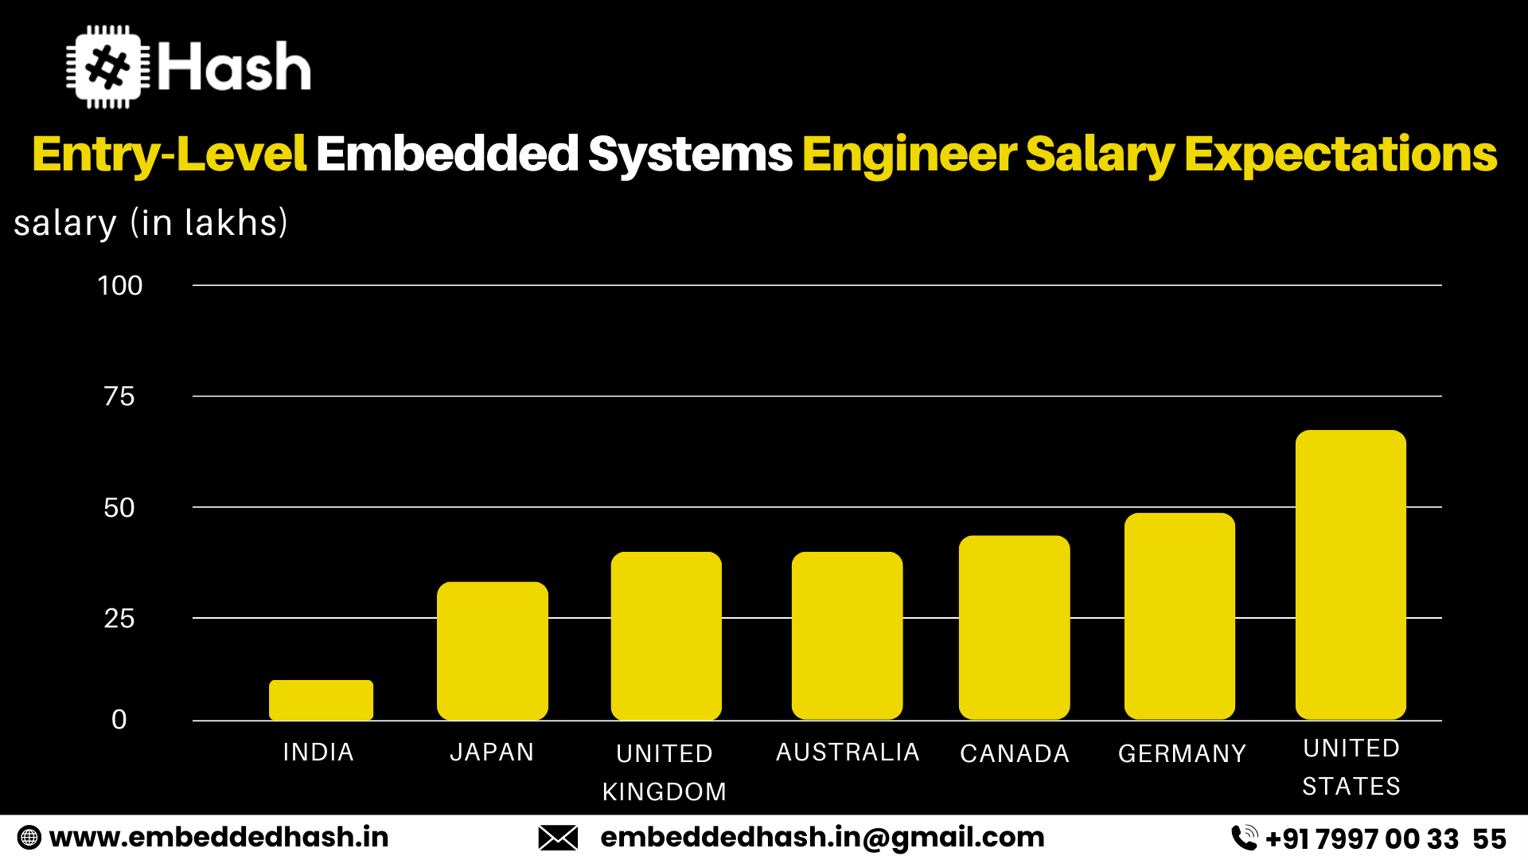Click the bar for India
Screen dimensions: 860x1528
point(321,700)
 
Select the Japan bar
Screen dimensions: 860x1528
point(493,651)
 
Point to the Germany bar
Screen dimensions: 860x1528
point(1179,616)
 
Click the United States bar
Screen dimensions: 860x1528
point(1351,575)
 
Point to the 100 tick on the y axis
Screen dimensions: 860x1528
point(119,286)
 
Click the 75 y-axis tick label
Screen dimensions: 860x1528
point(119,397)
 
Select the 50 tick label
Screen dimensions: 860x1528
point(119,508)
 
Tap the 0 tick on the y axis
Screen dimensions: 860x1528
point(119,720)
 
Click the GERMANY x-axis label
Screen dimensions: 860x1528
point(1182,753)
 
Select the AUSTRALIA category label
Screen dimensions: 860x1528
point(848,752)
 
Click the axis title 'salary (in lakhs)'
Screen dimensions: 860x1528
point(150,223)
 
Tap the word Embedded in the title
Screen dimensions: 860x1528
point(447,154)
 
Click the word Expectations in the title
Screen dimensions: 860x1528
point(1340,154)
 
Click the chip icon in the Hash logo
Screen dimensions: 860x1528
point(107,67)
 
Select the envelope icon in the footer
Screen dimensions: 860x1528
point(558,838)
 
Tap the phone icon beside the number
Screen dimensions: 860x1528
point(1244,838)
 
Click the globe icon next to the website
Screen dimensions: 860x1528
point(29,838)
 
